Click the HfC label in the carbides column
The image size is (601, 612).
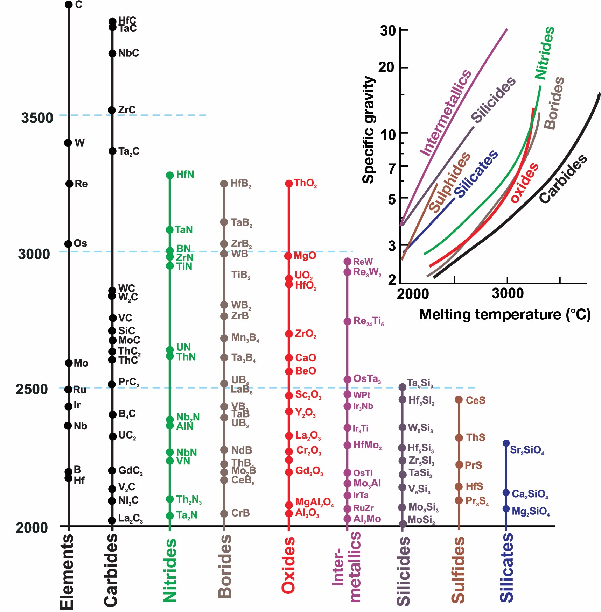pos(127,20)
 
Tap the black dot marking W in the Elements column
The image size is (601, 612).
pos(68,143)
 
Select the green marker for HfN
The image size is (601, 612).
pos(170,175)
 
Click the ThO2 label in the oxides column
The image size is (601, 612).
pos(306,183)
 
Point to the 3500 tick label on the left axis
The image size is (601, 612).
pos(37,118)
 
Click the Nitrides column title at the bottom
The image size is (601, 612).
pos(170,570)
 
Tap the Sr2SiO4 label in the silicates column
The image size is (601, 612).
pos(527,450)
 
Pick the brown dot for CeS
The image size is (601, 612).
pos(459,400)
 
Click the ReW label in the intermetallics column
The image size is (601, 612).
pos(363,262)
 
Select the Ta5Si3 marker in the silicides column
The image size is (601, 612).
pos(403,387)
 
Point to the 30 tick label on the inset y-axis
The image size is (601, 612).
pos(388,31)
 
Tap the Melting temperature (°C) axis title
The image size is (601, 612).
pos(505,314)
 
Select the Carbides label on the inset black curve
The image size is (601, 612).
pos(563,178)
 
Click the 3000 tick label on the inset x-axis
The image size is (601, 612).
pos(508,293)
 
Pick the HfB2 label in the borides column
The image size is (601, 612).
pos(241,184)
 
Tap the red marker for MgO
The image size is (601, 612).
pos(288,256)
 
